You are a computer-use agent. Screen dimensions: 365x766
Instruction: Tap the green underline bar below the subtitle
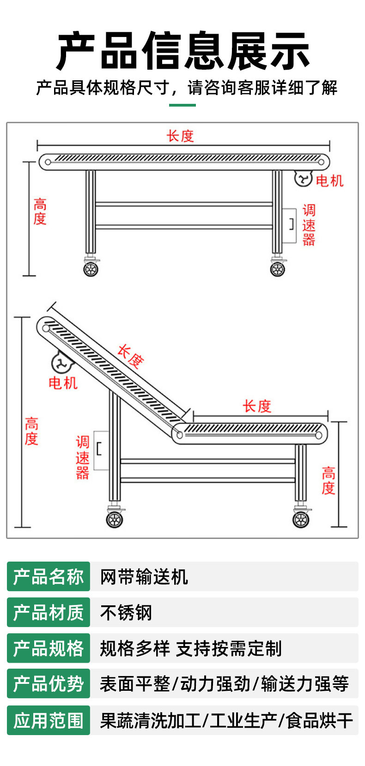(182, 105)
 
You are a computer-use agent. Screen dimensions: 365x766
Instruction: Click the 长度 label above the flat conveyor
(180, 136)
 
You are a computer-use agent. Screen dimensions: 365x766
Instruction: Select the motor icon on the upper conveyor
(304, 178)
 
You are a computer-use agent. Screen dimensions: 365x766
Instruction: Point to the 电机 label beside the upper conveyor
(329, 180)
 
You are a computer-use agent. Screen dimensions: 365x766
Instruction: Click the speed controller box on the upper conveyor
(290, 225)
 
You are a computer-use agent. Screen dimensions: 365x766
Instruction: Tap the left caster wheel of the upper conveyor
(91, 269)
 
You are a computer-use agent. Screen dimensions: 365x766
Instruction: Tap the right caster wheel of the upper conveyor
(278, 269)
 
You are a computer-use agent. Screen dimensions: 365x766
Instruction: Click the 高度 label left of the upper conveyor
(40, 211)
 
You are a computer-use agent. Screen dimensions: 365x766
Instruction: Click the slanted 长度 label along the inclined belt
(130, 356)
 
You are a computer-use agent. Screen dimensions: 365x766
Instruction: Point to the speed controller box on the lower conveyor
(101, 450)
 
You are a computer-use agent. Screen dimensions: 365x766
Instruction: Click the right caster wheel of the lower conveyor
(301, 520)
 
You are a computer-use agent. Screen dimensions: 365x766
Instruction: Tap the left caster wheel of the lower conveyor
(114, 520)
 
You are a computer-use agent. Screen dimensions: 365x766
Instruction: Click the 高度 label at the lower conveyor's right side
(328, 480)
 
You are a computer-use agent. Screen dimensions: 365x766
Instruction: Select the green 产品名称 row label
(49, 577)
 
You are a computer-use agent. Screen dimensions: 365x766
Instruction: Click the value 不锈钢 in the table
(126, 613)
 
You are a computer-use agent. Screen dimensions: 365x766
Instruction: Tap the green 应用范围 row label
(49, 720)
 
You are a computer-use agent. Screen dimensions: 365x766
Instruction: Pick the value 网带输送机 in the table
(144, 577)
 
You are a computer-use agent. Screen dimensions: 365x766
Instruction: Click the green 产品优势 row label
(49, 684)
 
